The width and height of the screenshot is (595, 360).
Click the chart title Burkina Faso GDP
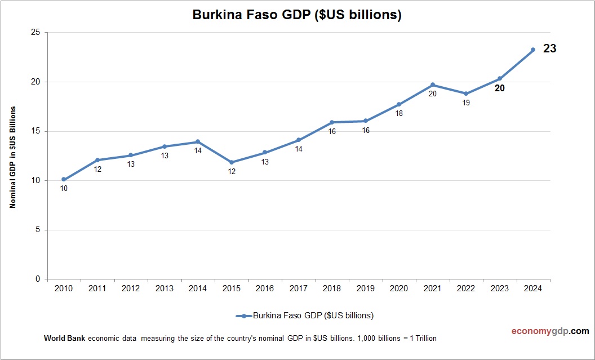point(297,15)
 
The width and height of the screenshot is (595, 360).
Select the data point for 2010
point(64,179)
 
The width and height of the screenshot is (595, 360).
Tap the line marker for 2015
point(232,162)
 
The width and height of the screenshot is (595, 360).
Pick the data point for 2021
point(433,85)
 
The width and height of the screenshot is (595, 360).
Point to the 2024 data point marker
point(533,50)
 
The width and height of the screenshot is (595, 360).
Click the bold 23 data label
point(549,49)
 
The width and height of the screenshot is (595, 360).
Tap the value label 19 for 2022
point(466,103)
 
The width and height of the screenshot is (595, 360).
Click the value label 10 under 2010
point(64,189)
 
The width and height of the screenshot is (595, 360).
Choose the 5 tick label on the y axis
point(37,230)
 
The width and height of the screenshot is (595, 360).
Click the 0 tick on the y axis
point(37,279)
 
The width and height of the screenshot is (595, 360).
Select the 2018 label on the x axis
point(332,288)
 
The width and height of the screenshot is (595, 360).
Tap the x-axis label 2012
point(131,288)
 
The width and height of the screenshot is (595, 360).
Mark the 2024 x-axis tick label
point(533,288)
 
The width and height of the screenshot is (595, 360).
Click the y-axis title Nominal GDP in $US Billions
point(12,156)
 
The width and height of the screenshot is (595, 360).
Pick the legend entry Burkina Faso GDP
point(305,315)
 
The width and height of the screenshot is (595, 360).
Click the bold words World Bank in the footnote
point(64,339)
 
